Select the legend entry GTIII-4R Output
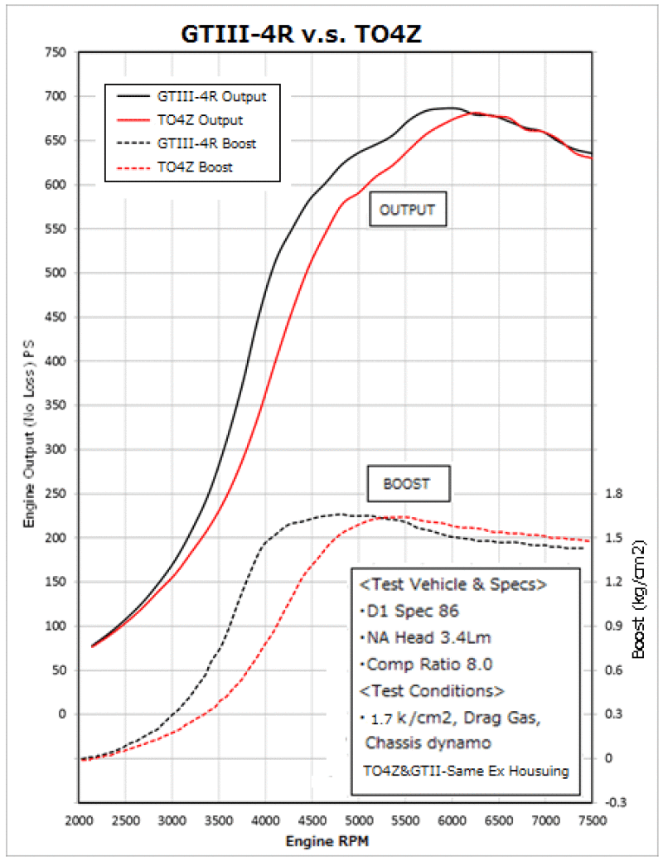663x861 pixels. [211, 95]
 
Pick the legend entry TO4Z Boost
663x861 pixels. [195, 167]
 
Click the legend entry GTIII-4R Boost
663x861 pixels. [206, 143]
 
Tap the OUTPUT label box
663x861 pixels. [407, 210]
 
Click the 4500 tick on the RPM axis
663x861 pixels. [312, 820]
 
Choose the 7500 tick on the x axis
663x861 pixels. [592, 820]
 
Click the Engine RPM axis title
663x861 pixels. [326, 841]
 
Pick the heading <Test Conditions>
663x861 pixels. [432, 689]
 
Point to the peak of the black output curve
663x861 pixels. [448, 108]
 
